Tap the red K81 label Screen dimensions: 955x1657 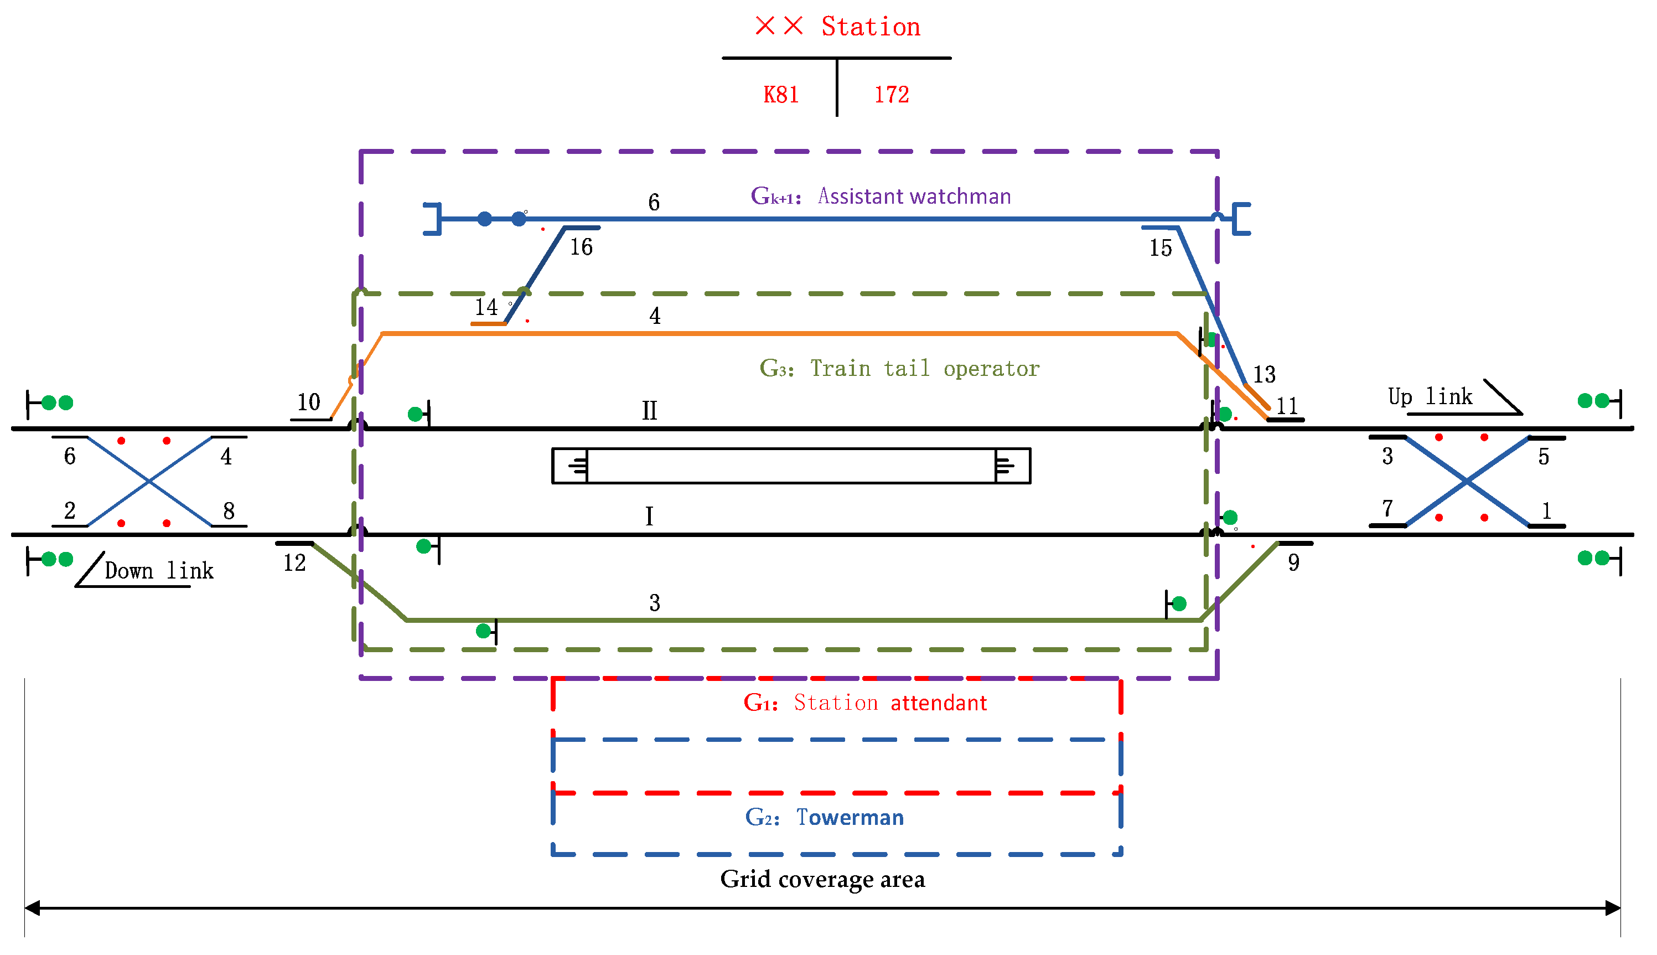click(780, 95)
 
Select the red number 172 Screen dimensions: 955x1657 click(891, 95)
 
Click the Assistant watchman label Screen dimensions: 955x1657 click(914, 196)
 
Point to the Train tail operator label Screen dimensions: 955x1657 click(925, 369)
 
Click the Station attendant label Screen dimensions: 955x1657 click(890, 703)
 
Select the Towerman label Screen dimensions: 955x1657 click(850, 817)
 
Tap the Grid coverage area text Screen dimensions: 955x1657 click(822, 879)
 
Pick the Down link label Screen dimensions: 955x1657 click(159, 571)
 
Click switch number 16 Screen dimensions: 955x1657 click(581, 247)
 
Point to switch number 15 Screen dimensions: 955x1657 click(1160, 248)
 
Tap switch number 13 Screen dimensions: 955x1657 click(1264, 374)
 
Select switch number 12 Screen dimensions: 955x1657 click(294, 563)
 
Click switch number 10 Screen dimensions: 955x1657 click(309, 402)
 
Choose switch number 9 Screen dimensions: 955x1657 click(1293, 563)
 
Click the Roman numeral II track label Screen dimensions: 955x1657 click(649, 411)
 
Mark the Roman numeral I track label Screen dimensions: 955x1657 click(649, 516)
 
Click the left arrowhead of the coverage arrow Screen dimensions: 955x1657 click(32, 908)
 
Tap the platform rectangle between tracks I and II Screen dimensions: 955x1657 click(791, 466)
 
